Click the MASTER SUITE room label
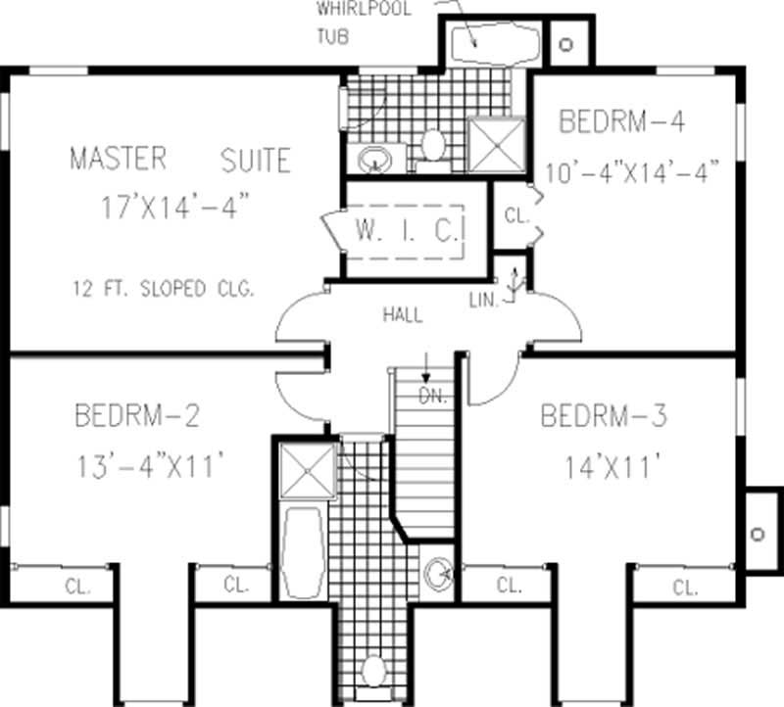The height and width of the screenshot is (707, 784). (179, 159)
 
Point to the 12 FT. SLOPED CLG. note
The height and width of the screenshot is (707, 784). (163, 289)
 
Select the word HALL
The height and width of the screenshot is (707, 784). (403, 315)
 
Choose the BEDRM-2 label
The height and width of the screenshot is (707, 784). (137, 416)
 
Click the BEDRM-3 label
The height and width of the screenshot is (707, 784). (604, 416)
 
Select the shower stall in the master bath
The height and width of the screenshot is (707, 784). (496, 145)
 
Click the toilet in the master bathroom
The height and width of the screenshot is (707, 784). (433, 147)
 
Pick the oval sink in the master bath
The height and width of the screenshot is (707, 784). (373, 158)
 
